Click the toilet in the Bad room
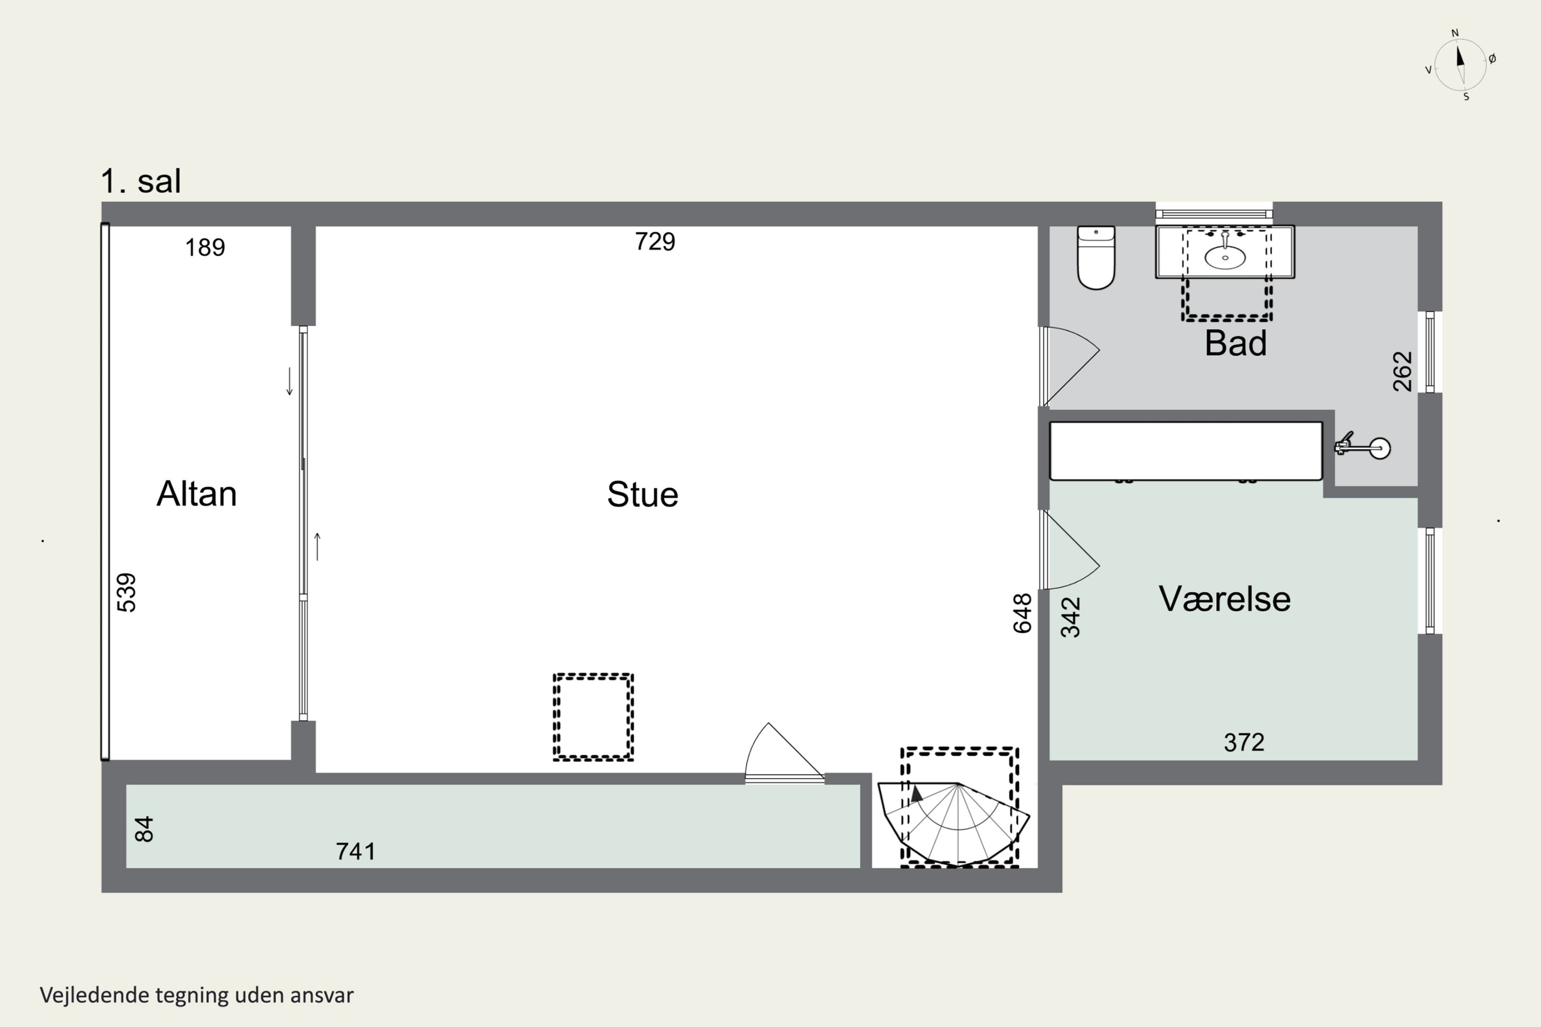[1096, 257]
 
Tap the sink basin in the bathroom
[1225, 257]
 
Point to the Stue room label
[642, 495]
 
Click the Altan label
[197, 494]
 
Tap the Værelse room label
[1225, 599]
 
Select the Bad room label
[1236, 343]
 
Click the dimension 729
[654, 242]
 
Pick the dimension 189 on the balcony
[205, 248]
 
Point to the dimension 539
[126, 593]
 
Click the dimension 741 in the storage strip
[356, 851]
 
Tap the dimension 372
[1244, 743]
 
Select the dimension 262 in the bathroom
[1402, 371]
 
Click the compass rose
[1460, 65]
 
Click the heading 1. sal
[141, 181]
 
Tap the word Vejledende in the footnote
[95, 996]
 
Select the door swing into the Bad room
[1070, 366]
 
